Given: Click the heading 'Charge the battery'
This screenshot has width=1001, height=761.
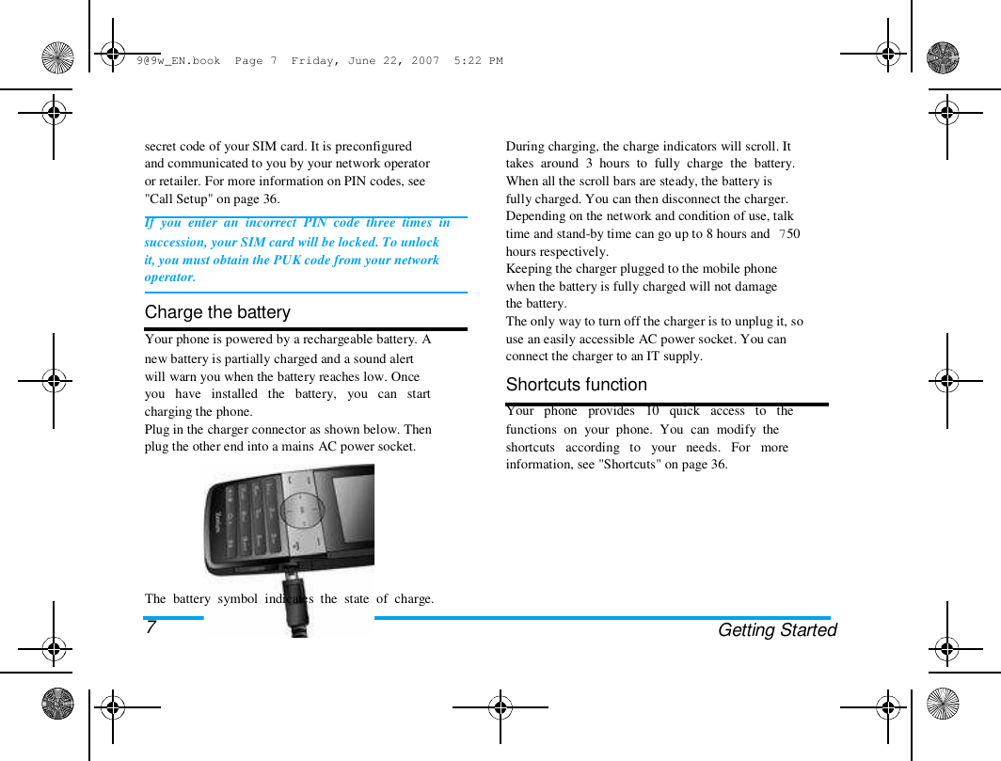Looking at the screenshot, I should (x=217, y=312).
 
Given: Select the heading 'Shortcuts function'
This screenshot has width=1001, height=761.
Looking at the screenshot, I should (x=576, y=385).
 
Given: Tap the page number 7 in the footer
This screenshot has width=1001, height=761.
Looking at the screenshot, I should (x=151, y=627).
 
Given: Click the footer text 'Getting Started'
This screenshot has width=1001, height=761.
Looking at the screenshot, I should (x=776, y=630).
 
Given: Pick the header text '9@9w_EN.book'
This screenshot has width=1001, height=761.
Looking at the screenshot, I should (x=178, y=61).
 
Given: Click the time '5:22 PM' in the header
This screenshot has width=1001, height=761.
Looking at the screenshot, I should (x=478, y=61).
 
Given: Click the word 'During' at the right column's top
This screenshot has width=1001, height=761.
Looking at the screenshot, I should (x=525, y=147).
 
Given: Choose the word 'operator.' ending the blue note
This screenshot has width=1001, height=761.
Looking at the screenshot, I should (x=170, y=277).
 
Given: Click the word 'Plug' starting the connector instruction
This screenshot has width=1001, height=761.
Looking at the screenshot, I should (x=156, y=429).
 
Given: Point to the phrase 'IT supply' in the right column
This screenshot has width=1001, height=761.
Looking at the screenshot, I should (x=672, y=357).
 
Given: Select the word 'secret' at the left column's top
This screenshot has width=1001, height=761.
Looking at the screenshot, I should (x=161, y=147).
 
